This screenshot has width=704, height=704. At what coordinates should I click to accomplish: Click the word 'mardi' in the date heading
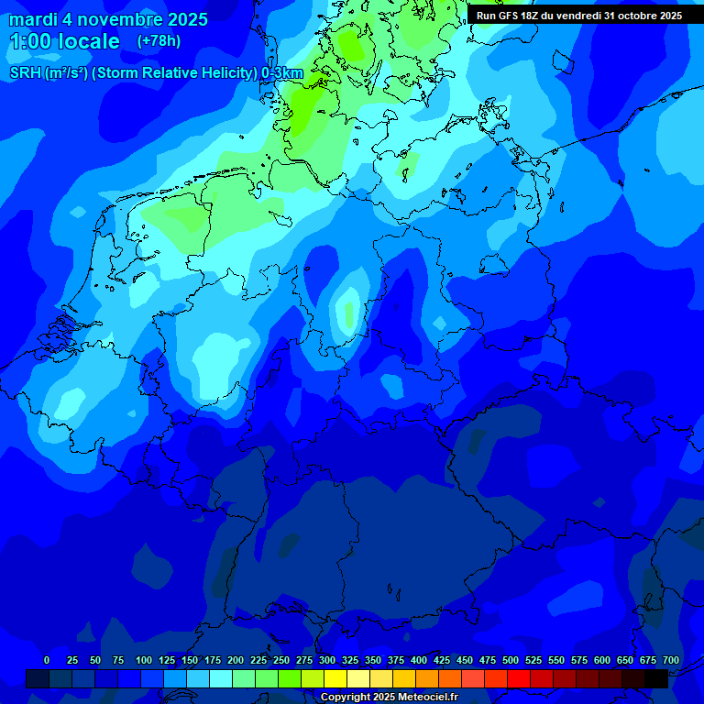tap(33, 19)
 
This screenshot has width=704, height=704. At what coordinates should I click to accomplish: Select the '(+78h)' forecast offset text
tap(159, 41)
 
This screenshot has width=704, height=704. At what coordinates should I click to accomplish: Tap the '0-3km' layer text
tap(282, 72)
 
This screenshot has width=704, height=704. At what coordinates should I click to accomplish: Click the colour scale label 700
tap(671, 660)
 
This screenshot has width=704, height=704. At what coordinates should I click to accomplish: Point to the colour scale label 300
tap(327, 660)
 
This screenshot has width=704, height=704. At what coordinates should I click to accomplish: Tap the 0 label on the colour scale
tap(47, 660)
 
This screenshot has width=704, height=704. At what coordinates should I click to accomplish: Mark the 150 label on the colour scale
tap(190, 660)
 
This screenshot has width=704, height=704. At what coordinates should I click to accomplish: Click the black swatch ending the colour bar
tap(656, 678)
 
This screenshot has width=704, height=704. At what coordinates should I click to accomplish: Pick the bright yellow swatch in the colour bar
tap(335, 678)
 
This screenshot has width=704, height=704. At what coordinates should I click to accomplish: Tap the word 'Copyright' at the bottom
tap(345, 698)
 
